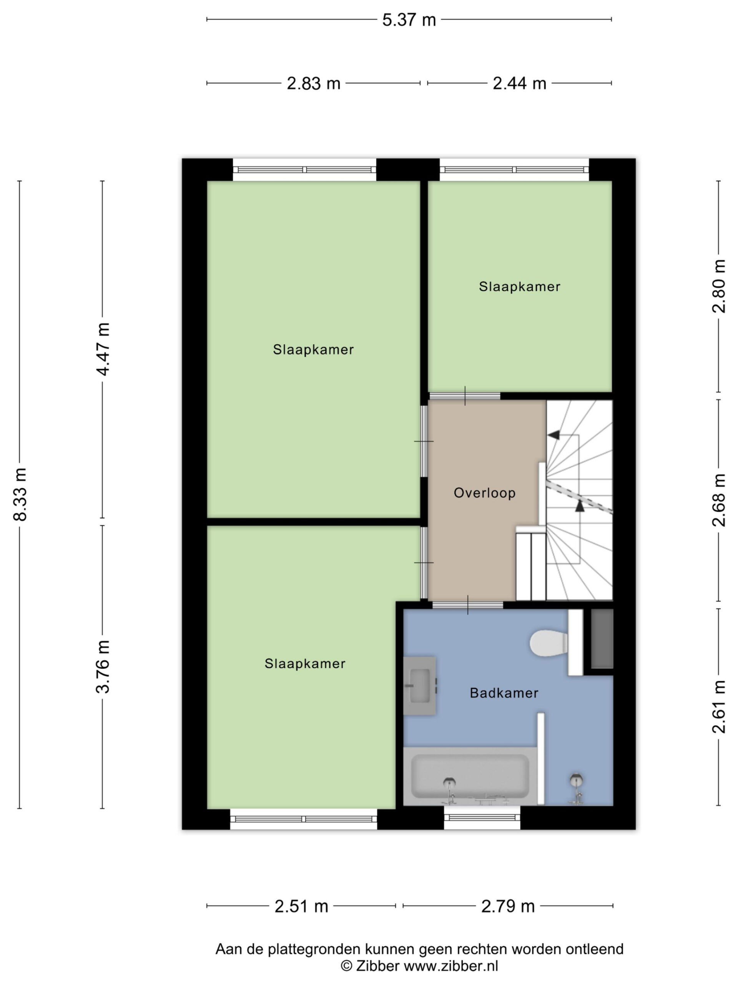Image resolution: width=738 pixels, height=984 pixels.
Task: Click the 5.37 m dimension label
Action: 409,20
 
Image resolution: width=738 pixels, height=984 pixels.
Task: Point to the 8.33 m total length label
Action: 20,494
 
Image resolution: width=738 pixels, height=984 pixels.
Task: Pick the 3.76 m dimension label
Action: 103,667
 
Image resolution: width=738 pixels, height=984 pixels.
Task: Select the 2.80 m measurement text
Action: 719,286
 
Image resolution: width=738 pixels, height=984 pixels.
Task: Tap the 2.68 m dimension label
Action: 719,500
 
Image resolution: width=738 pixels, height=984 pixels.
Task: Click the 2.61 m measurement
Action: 719,707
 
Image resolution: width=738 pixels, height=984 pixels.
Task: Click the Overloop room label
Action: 484,493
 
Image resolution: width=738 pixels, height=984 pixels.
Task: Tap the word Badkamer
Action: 504,693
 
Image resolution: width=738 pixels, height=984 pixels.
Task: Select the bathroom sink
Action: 420,685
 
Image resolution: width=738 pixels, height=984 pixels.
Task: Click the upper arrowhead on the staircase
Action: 554,435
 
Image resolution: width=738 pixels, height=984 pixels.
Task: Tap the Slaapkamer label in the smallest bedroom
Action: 519,286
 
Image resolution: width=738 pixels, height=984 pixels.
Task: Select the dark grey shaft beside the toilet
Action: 602,638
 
